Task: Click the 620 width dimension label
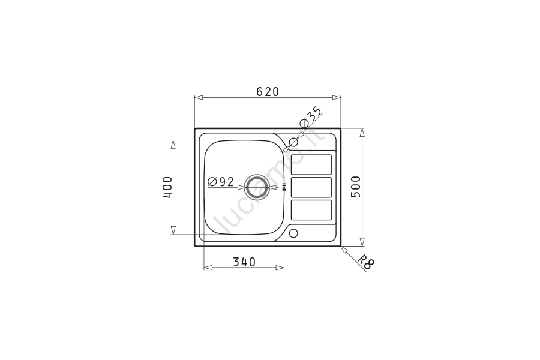coord(268,92)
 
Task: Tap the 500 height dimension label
coord(355,187)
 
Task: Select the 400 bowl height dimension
coord(167,187)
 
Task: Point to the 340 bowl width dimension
coord(244,262)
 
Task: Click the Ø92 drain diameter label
coord(221,182)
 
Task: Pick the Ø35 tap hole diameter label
coord(311,117)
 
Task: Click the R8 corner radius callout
coord(365,262)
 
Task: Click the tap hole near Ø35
coord(293,142)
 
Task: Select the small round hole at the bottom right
coord(293,233)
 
